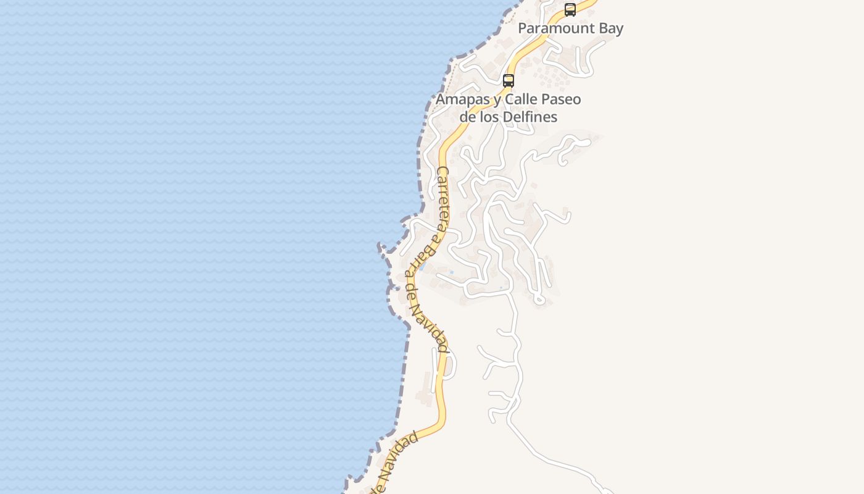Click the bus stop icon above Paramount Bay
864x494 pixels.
[570, 10]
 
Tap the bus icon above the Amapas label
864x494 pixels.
[509, 80]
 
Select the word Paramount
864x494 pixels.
[553, 28]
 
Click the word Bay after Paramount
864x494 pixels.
[609, 28]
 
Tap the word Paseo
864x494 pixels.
[562, 99]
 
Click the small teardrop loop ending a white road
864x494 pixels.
[539, 300]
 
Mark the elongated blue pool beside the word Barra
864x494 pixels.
[423, 267]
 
